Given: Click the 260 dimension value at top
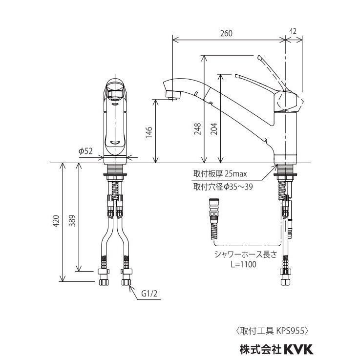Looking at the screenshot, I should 226,33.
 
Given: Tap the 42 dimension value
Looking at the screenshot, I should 293,31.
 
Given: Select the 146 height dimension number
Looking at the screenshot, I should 149,132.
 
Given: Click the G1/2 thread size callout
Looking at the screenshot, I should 149,293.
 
